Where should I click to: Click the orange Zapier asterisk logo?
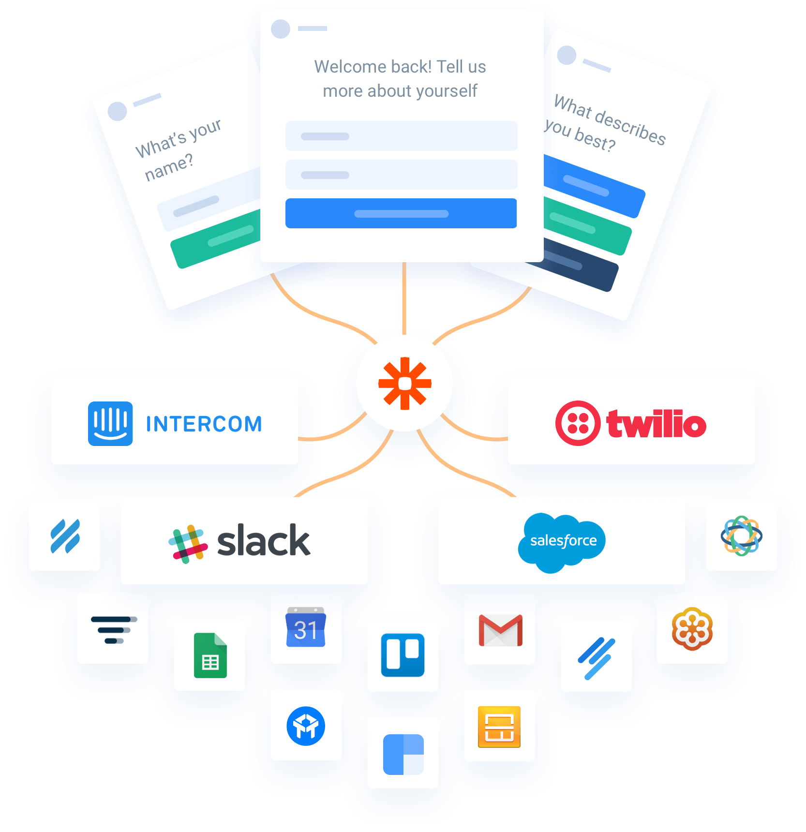point(405,384)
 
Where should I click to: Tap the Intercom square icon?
point(110,424)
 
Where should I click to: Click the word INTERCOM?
point(204,424)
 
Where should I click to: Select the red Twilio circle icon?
point(578,423)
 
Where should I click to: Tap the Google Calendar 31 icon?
point(306,627)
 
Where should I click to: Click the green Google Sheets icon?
point(210,655)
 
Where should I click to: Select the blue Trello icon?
point(403,655)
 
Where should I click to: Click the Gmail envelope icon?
point(501,630)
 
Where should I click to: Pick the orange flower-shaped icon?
point(692,629)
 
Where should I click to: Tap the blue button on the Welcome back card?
point(401,213)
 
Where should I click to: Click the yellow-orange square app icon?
point(499,727)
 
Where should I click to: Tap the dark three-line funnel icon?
point(114,630)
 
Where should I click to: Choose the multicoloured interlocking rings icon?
point(742,536)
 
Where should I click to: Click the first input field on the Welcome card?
point(401,136)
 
